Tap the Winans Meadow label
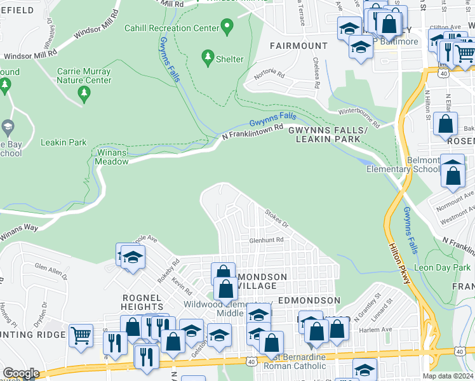coord(112,157)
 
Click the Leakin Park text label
coord(64,142)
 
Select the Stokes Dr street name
coord(277,219)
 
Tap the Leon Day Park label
coord(442,268)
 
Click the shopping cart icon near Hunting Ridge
coord(81,335)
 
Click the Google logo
coord(21,373)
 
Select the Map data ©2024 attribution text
coord(448,376)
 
